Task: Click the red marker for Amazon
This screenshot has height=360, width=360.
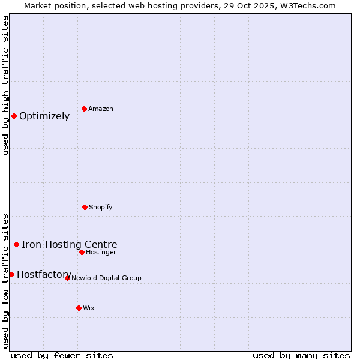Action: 85,109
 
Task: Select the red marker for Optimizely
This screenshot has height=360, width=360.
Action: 14,116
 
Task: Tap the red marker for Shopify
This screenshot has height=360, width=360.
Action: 85,207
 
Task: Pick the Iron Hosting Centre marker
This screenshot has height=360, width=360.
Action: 16,244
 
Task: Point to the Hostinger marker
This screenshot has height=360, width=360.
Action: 82,252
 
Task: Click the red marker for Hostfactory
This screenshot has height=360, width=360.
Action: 11,274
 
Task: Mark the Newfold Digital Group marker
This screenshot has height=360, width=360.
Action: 67,278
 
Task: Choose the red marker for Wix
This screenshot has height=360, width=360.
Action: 79,308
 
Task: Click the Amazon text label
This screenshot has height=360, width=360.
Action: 101,109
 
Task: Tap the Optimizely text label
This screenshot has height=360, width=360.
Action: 44,116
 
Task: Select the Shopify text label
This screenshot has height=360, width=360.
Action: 101,207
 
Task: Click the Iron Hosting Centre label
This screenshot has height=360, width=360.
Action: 70,244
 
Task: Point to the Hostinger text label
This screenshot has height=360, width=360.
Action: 101,252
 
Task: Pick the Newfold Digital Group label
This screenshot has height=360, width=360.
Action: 106,278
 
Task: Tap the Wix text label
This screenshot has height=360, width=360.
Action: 89,308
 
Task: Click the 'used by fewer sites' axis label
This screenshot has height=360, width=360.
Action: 62,355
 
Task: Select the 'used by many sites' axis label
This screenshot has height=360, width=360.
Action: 301,355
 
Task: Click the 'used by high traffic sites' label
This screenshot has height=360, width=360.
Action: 5,85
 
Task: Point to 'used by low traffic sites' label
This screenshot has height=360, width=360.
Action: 5,280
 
